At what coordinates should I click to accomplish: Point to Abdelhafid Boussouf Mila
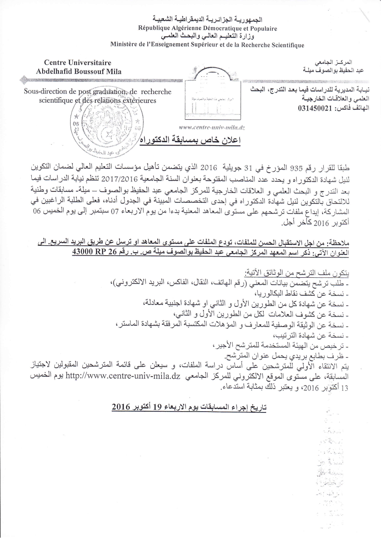tap(79, 71)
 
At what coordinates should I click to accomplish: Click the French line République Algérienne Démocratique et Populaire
tap(208, 28)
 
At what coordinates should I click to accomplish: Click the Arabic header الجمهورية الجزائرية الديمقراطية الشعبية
tap(208, 20)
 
